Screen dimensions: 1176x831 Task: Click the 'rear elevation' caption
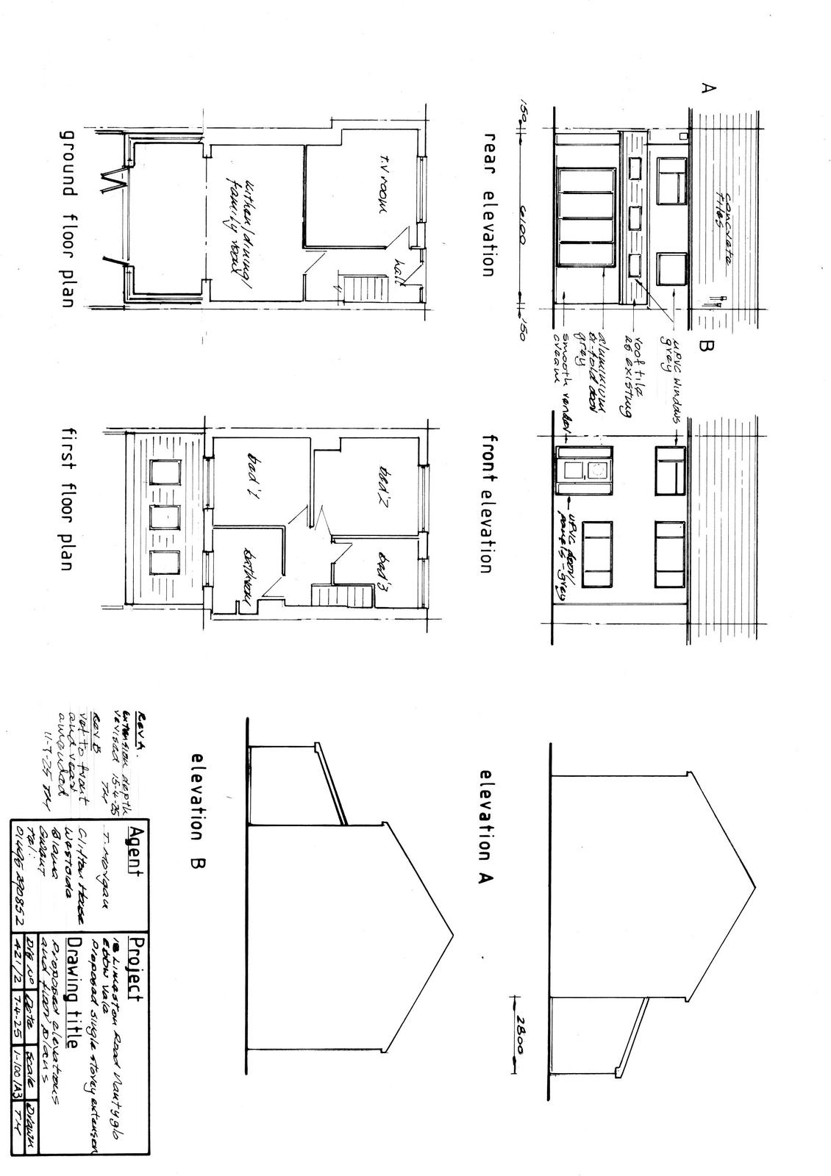coord(485,204)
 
